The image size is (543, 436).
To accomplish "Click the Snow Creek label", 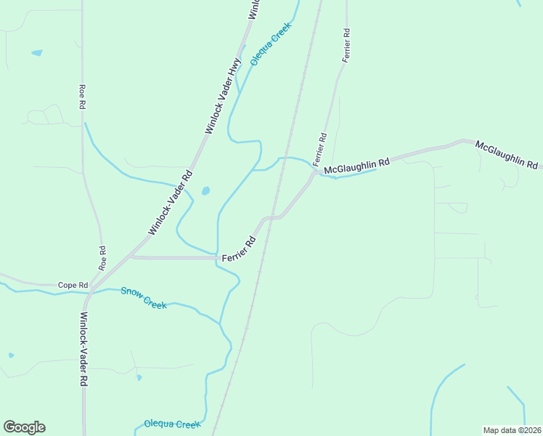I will point(144,298).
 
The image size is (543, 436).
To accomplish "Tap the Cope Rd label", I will point(73,285).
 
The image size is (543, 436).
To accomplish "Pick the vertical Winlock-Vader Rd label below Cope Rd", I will point(84,349).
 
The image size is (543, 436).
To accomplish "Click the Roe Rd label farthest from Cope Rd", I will point(82,97).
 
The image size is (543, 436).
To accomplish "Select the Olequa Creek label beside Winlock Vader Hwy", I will point(271,44).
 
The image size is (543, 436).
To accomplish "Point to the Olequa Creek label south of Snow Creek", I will point(171,424).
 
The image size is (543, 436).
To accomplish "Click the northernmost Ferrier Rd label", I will point(347,45).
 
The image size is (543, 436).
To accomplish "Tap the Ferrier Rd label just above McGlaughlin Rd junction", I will point(319,150).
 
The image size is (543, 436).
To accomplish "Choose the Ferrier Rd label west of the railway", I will point(239,249).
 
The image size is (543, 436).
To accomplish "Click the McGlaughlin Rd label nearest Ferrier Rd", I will point(356,166).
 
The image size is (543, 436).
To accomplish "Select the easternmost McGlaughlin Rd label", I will point(507,155).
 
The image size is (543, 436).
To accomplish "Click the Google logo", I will point(24,427).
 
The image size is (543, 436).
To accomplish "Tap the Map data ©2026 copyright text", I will point(511,429).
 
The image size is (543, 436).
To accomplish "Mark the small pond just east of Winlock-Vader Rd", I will point(205,191).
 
